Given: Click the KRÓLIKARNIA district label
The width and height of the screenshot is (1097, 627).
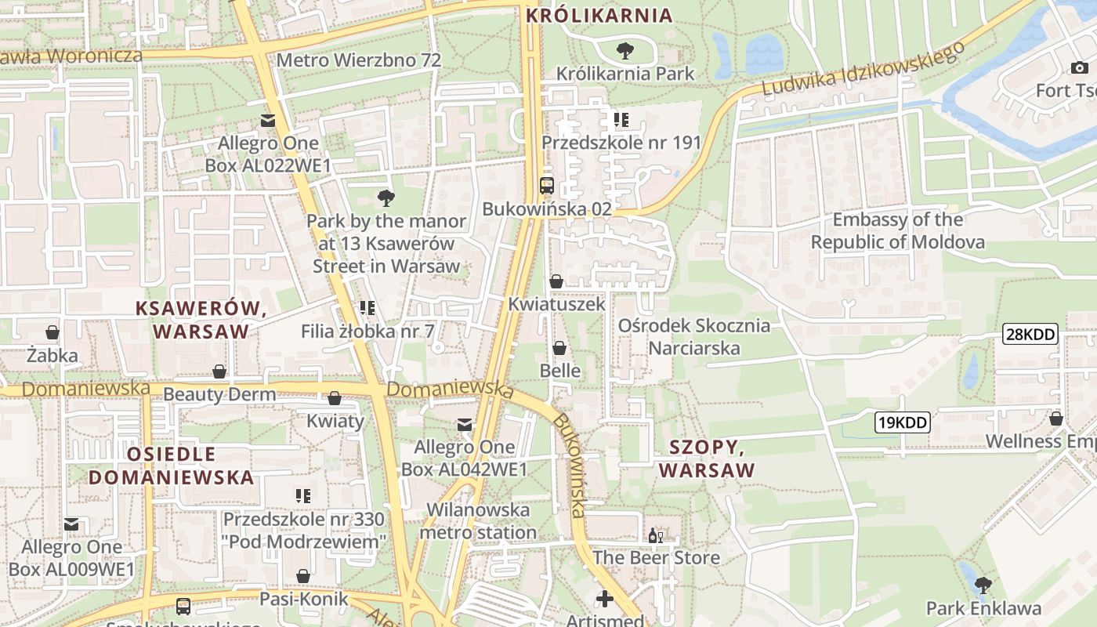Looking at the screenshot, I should click(x=599, y=15).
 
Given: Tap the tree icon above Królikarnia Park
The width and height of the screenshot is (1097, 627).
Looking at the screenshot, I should click(x=625, y=52).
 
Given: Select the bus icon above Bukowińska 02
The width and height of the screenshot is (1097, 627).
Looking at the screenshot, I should click(x=547, y=186).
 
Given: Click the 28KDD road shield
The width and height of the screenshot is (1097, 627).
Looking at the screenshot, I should click(x=1030, y=335).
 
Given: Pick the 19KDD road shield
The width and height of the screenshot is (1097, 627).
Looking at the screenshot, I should click(x=902, y=423).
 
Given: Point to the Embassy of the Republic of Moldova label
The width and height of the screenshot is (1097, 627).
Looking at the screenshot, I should click(x=897, y=230).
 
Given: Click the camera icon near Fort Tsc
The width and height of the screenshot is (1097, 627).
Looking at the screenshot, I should click(x=1079, y=68).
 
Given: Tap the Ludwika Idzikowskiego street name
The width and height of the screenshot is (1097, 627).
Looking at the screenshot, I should click(x=862, y=71).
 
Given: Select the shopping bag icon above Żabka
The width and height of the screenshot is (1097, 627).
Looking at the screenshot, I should click(x=52, y=333).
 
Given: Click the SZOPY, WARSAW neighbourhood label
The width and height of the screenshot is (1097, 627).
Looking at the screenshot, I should click(x=706, y=458).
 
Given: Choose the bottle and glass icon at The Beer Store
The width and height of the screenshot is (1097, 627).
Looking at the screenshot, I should click(x=656, y=536).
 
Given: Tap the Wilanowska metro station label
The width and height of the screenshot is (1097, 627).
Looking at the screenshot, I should click(x=478, y=521).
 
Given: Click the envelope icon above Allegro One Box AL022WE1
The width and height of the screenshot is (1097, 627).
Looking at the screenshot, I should click(x=268, y=121).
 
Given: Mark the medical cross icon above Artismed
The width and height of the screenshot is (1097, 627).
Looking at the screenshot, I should click(x=604, y=600).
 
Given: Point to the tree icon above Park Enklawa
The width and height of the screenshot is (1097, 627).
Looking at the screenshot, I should click(x=983, y=585).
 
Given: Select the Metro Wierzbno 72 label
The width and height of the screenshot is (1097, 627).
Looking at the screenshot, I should click(x=358, y=60).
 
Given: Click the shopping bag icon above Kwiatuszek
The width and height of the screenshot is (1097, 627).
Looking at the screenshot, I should click(x=556, y=281).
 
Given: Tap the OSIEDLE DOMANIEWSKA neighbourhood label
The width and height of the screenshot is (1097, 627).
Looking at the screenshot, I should click(x=171, y=466).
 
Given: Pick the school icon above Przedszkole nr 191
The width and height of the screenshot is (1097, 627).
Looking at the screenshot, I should click(x=621, y=120).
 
